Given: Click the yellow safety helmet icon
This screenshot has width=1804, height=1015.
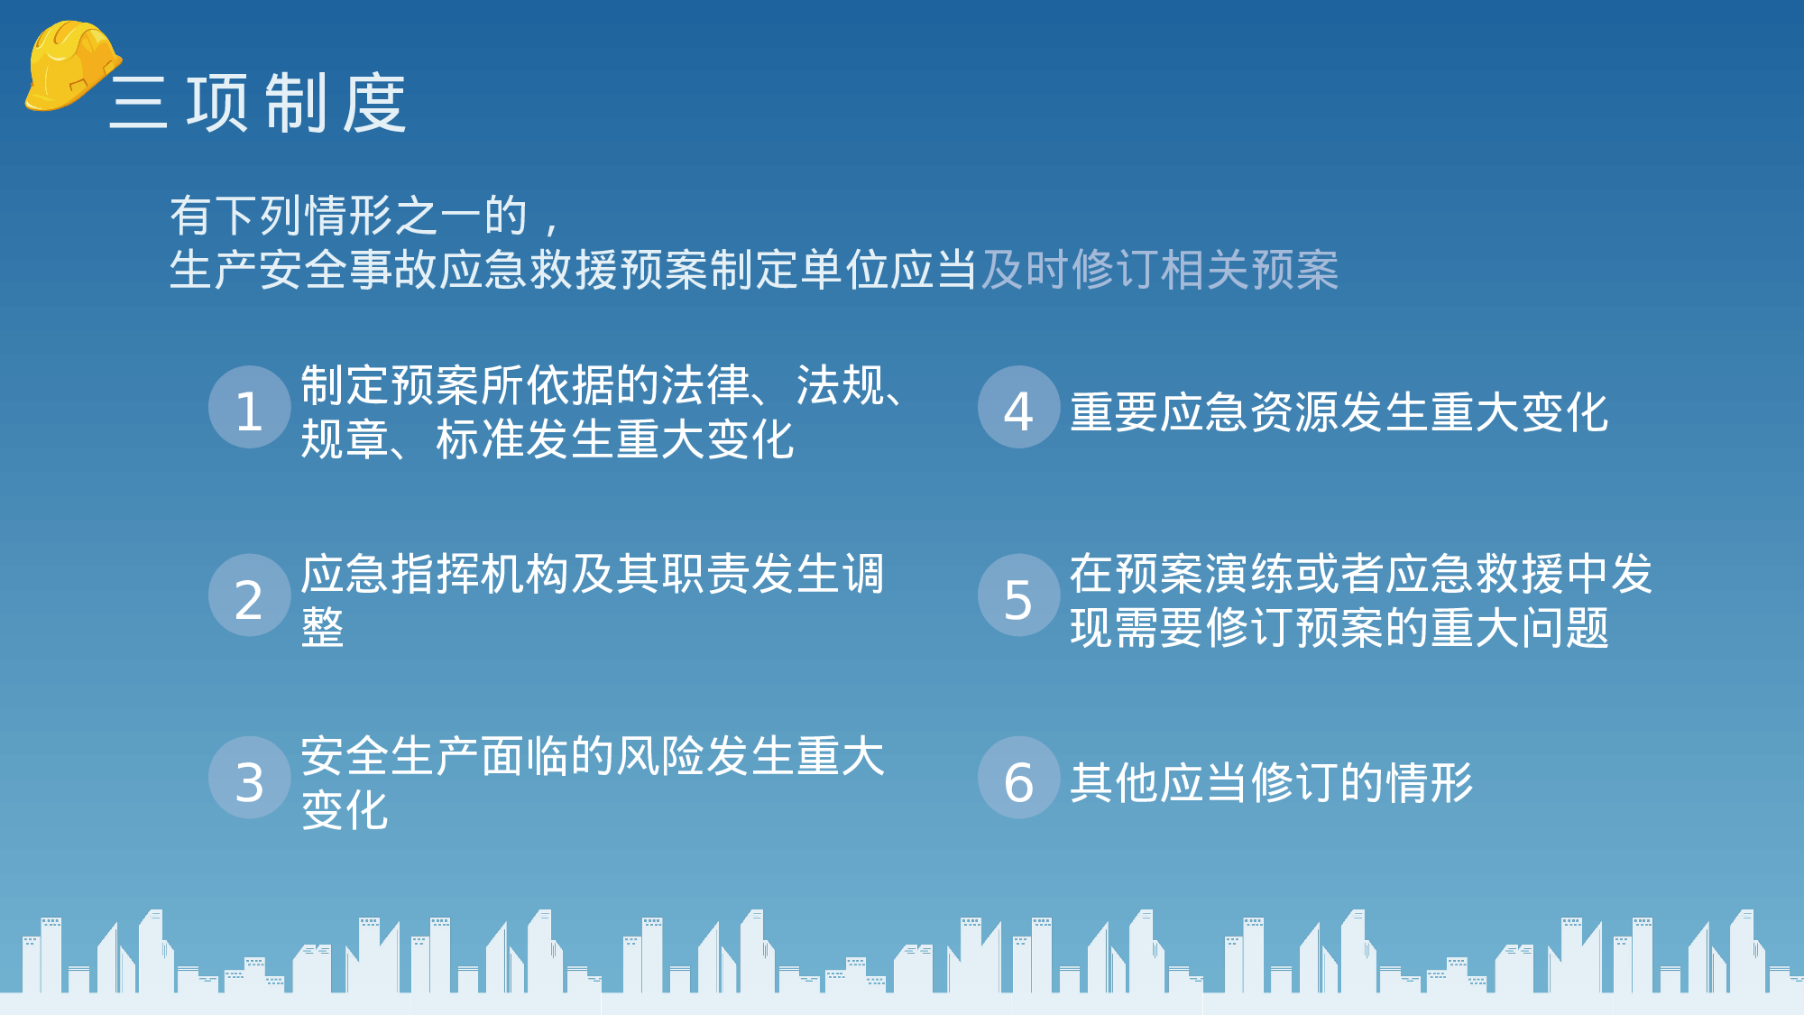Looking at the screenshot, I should click(70, 66).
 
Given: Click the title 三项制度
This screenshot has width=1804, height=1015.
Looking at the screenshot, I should click(258, 104).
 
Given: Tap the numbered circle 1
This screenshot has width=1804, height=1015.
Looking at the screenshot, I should click(249, 408).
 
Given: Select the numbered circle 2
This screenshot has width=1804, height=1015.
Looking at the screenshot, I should click(249, 596).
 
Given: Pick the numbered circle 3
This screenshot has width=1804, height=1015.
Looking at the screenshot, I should click(249, 779).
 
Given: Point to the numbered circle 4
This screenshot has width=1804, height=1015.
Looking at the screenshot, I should click(1018, 408).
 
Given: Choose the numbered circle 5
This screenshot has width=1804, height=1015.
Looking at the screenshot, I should click(1018, 596).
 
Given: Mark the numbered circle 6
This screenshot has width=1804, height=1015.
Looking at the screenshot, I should click(1018, 779).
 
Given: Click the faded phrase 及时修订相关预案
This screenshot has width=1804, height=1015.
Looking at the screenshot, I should click(1159, 270).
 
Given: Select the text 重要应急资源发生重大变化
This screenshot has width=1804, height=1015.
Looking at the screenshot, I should click(1339, 412).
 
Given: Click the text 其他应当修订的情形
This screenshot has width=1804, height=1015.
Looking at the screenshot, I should click(1271, 782).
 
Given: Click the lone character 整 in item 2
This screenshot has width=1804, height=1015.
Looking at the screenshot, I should click(322, 628).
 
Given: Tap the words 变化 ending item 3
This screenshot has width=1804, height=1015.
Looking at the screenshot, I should click(345, 810).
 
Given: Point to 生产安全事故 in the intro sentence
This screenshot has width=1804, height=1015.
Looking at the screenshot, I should click(304, 270).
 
